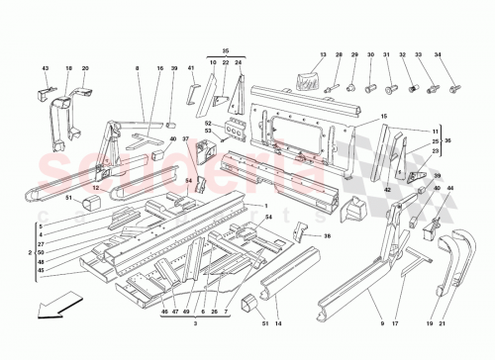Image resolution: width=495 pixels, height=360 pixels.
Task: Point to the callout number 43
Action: [46, 67]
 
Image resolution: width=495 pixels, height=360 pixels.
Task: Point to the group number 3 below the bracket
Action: [197, 325]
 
